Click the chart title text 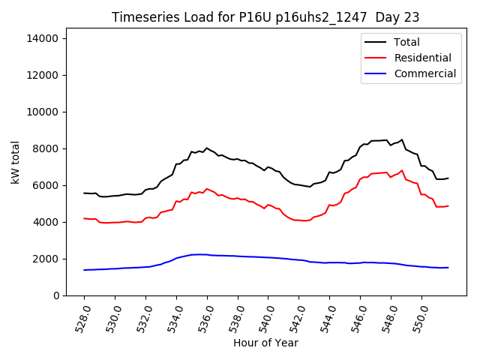(x=265, y=17)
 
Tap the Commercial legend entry (x=424, y=73)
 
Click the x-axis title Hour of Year (x=265, y=343)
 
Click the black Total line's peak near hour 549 (x=402, y=139)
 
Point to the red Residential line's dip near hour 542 (x=303, y=220)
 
